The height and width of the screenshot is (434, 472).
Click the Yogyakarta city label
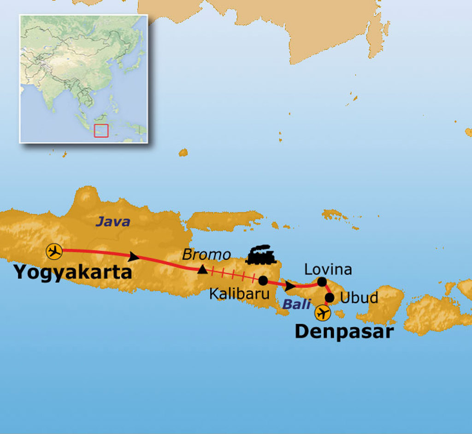click(73, 272)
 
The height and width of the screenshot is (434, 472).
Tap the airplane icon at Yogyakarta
click(54, 252)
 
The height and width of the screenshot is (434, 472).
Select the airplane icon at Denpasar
click(323, 313)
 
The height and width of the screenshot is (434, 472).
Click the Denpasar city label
click(344, 332)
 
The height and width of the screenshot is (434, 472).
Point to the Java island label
click(113, 222)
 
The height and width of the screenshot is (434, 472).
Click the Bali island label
click(297, 304)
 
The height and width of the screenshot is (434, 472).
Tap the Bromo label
click(206, 254)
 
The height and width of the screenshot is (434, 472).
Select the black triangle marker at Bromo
click(202, 270)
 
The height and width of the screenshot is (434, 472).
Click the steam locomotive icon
click(261, 255)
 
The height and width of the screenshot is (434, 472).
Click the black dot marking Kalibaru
click(263, 280)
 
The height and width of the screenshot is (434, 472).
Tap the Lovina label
click(328, 269)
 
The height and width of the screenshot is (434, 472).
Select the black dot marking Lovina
click(322, 282)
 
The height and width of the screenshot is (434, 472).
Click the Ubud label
click(359, 298)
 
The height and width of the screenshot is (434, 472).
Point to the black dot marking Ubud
click(330, 297)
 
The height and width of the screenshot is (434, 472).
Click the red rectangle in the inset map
click(101, 131)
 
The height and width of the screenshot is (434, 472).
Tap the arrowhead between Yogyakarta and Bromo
click(134, 256)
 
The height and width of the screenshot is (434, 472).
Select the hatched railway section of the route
click(233, 275)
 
